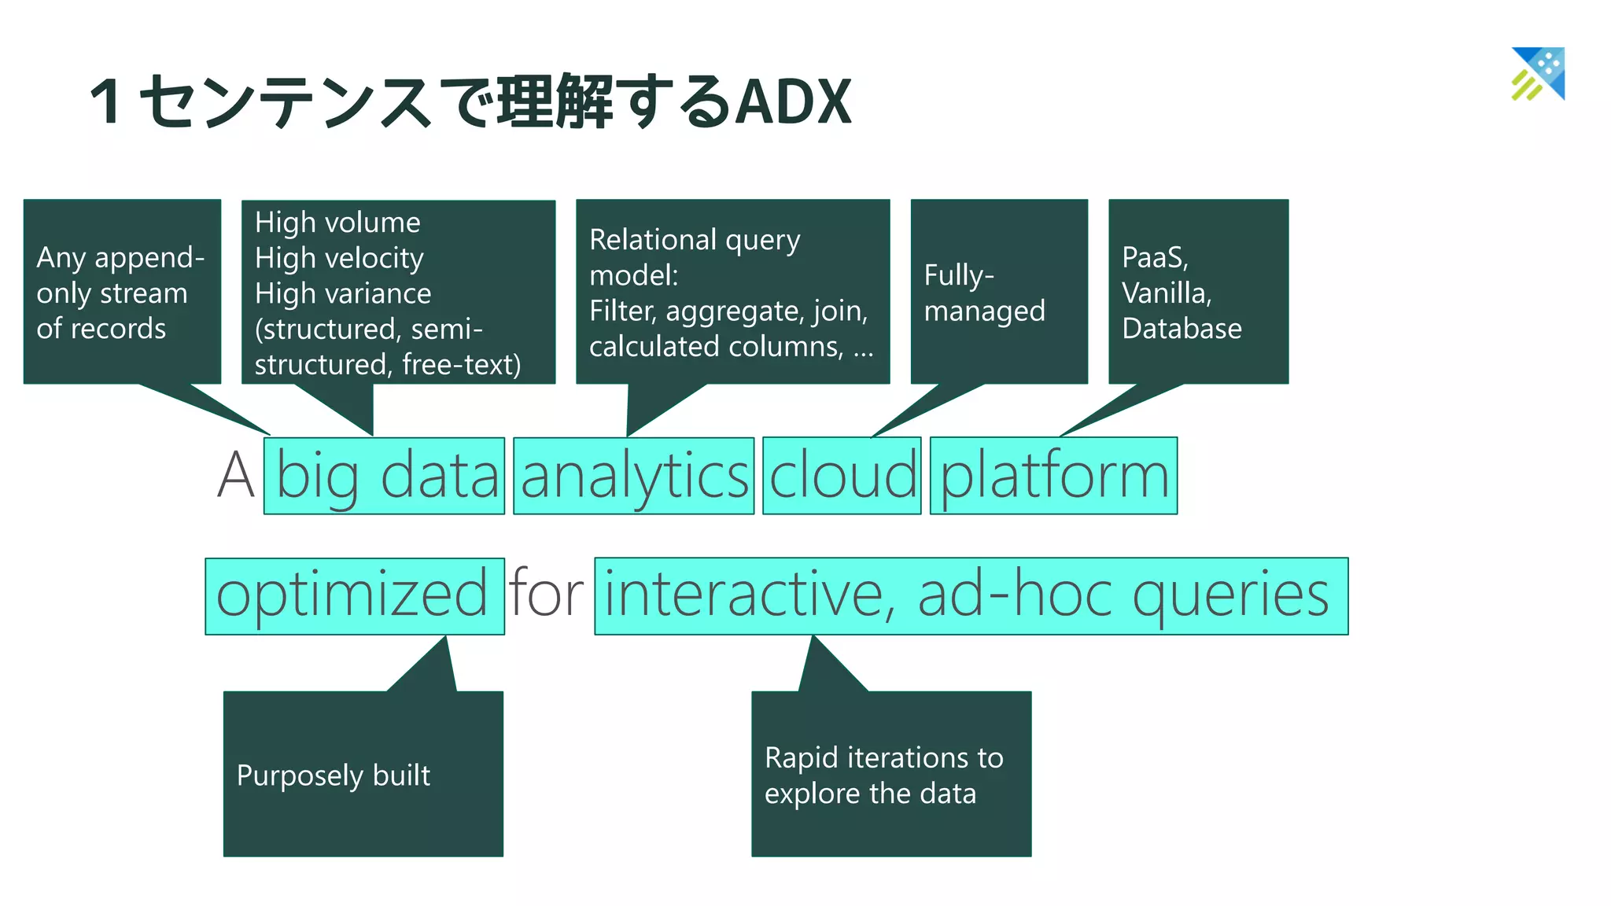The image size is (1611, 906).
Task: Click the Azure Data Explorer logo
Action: tap(1538, 74)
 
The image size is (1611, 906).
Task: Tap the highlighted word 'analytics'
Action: tap(634, 477)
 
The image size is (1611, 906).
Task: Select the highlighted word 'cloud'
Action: tap(842, 477)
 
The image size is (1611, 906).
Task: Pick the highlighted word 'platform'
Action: tap(1053, 477)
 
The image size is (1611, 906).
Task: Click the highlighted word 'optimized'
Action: tap(353, 595)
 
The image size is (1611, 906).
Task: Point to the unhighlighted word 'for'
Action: tap(546, 594)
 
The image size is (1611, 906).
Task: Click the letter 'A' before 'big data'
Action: tap(235, 477)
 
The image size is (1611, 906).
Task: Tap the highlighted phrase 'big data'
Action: tap(385, 477)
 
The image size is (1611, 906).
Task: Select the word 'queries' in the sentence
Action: tap(1230, 595)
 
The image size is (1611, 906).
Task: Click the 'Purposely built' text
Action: tap(334, 775)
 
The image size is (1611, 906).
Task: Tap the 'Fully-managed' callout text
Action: tap(983, 293)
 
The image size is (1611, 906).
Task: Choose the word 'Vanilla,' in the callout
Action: tap(1167, 293)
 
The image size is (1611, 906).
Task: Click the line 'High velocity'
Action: tap(339, 258)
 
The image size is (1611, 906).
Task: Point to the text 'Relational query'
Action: tap(695, 240)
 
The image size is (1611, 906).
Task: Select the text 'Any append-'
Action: tap(120, 257)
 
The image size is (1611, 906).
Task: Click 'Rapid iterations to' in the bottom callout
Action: tap(883, 757)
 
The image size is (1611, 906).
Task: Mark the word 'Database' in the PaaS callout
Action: tap(1182, 328)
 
